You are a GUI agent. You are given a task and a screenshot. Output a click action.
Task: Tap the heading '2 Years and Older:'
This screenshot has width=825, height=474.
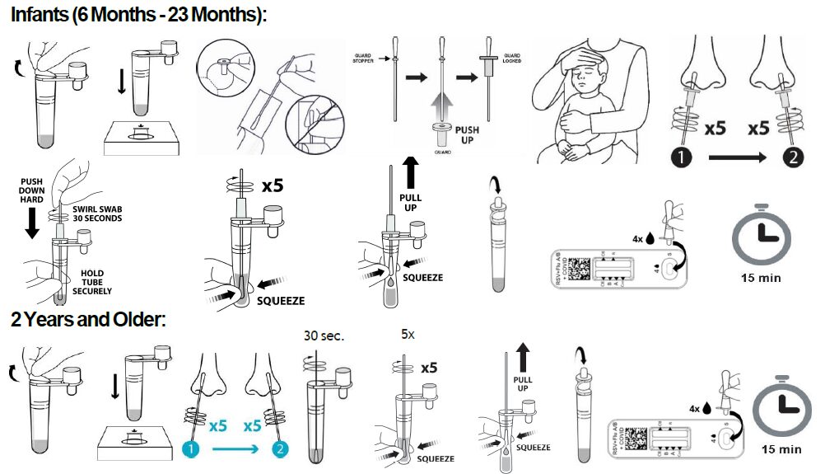click(89, 319)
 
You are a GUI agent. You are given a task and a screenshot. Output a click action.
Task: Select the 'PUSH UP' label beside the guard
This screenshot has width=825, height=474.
click(467, 135)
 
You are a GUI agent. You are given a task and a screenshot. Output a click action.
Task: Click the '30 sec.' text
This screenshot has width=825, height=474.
click(323, 336)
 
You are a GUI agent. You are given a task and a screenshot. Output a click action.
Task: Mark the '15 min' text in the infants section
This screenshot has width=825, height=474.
click(759, 278)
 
